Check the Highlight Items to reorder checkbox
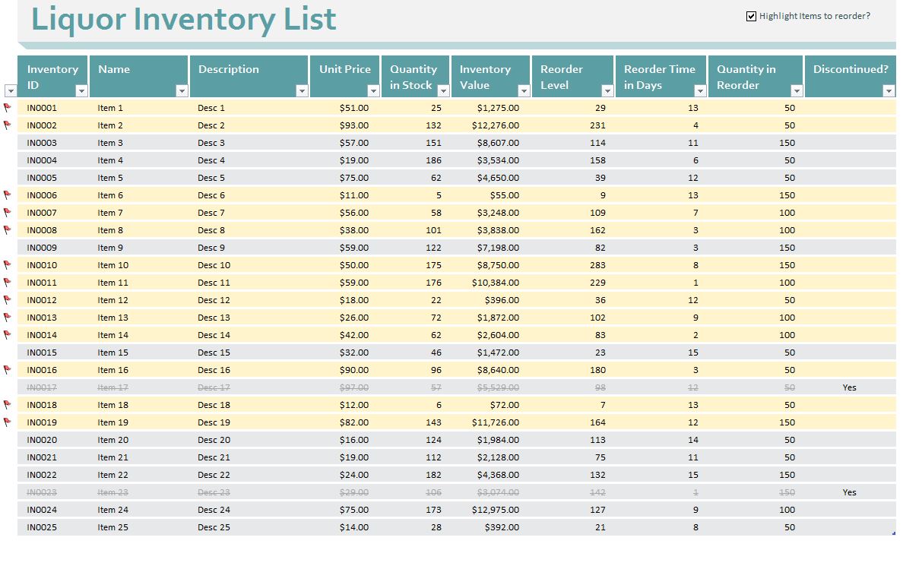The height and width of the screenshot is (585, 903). click(x=751, y=16)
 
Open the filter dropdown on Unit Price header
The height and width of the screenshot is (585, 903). click(x=372, y=91)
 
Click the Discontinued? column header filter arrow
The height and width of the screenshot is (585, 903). click(x=889, y=91)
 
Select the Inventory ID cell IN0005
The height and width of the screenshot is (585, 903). click(x=42, y=178)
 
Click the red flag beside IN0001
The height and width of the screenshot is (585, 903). click(x=8, y=108)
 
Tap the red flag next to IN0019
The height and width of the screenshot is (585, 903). click(x=8, y=422)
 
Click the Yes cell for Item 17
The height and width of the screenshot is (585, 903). click(x=849, y=387)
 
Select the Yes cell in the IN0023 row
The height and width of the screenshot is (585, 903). click(x=849, y=492)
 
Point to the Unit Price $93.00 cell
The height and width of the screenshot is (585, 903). click(x=354, y=125)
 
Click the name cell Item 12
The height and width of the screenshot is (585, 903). click(x=112, y=300)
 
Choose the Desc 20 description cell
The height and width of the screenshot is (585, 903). click(x=214, y=440)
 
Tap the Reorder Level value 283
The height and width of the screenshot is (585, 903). click(x=597, y=265)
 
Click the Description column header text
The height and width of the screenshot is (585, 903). click(x=229, y=69)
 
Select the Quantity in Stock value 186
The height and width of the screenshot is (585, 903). click(x=433, y=160)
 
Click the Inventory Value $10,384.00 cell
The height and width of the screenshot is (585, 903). click(x=496, y=283)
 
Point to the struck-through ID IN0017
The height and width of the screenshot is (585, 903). click(x=42, y=387)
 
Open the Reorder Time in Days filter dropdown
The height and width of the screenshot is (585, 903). click(x=700, y=91)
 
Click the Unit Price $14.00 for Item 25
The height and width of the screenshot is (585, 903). click(x=354, y=527)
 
